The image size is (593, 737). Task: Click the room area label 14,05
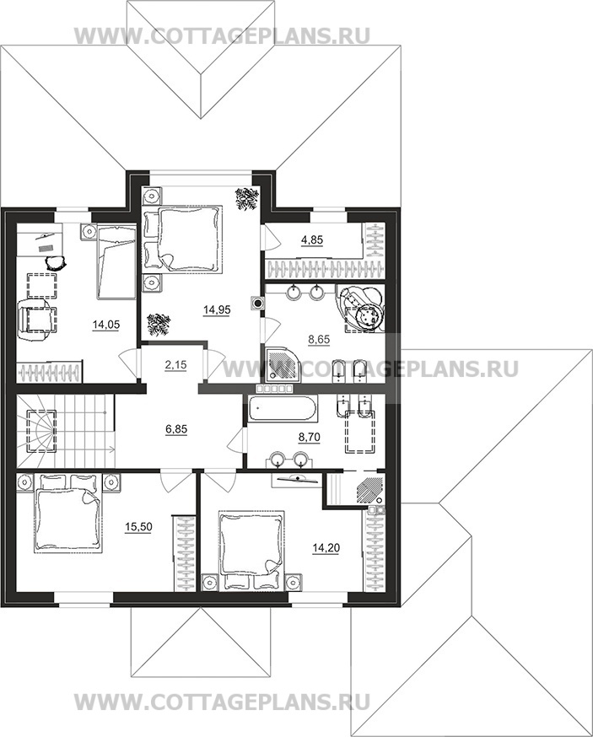point(106,325)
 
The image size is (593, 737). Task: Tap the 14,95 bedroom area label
point(217,309)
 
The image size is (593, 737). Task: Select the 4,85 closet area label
point(312,240)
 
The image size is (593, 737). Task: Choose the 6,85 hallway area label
point(176,428)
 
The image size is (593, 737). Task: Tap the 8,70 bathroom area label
point(310,437)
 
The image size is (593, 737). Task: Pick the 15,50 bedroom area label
point(138,527)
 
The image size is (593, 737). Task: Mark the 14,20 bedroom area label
point(326,547)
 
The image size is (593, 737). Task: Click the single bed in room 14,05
point(116,261)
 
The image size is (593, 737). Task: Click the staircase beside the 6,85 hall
point(66,431)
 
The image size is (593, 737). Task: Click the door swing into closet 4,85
point(272,237)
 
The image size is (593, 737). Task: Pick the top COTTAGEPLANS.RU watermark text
point(223,36)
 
